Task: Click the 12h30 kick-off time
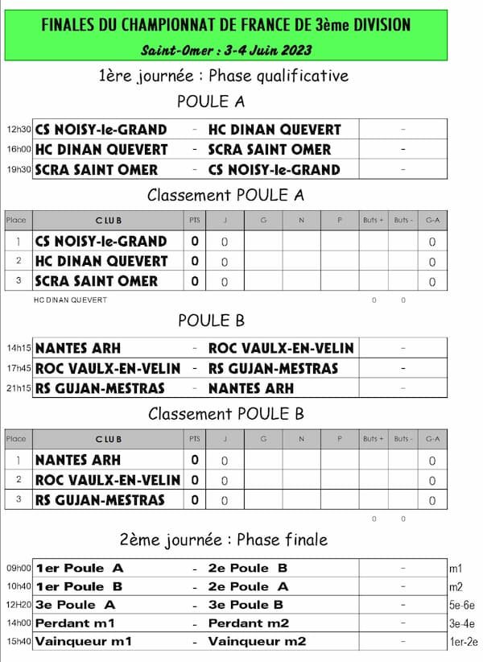(x=19, y=130)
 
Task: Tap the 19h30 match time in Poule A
(x=19, y=170)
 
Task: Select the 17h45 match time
(x=19, y=369)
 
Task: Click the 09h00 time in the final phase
(x=19, y=569)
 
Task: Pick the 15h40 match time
(x=19, y=642)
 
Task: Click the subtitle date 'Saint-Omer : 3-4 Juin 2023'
(x=226, y=50)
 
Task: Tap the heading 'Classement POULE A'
(x=225, y=195)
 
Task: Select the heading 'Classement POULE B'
(x=225, y=415)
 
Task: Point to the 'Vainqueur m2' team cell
(x=257, y=642)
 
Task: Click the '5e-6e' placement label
(x=463, y=605)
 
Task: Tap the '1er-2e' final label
(x=464, y=642)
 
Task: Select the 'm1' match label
(x=456, y=569)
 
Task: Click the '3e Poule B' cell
(x=246, y=605)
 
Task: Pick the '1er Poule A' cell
(x=80, y=569)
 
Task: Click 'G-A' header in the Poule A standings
(x=432, y=220)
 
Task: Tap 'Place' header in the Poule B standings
(x=16, y=439)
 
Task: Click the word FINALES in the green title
(x=69, y=26)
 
